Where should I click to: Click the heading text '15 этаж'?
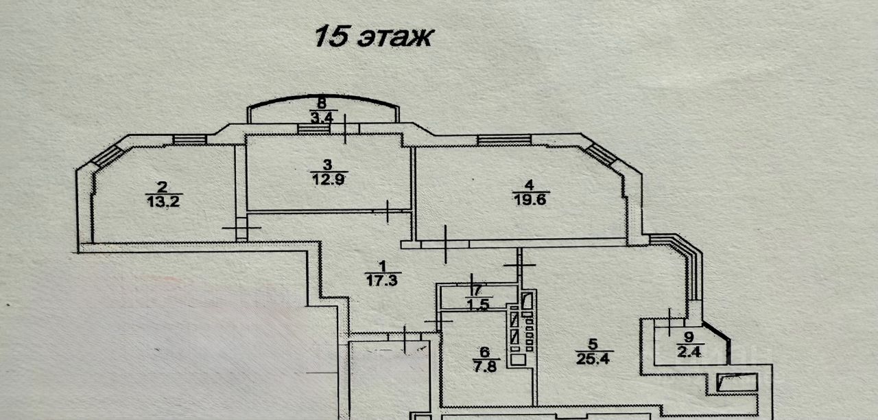(373, 36)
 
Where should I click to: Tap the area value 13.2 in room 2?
(163, 200)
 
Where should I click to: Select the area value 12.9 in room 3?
(329, 178)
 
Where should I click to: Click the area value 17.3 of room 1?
(383, 279)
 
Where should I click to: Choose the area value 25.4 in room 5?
(593, 357)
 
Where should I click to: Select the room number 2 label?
(162, 186)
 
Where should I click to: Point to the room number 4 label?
(528, 185)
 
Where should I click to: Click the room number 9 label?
(689, 336)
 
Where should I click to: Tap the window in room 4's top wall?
(504, 140)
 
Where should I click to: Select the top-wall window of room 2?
(189, 140)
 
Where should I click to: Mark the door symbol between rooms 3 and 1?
(388, 211)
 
